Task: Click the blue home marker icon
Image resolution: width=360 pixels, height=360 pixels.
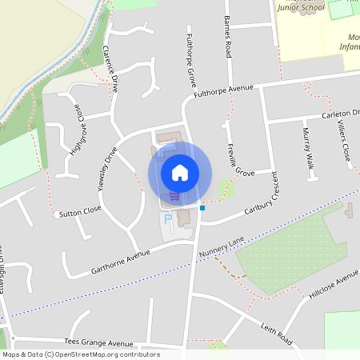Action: (x=180, y=172)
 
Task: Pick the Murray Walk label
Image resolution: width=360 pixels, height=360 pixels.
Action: (x=308, y=150)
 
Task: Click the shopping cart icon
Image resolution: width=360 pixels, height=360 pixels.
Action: (x=174, y=196)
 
